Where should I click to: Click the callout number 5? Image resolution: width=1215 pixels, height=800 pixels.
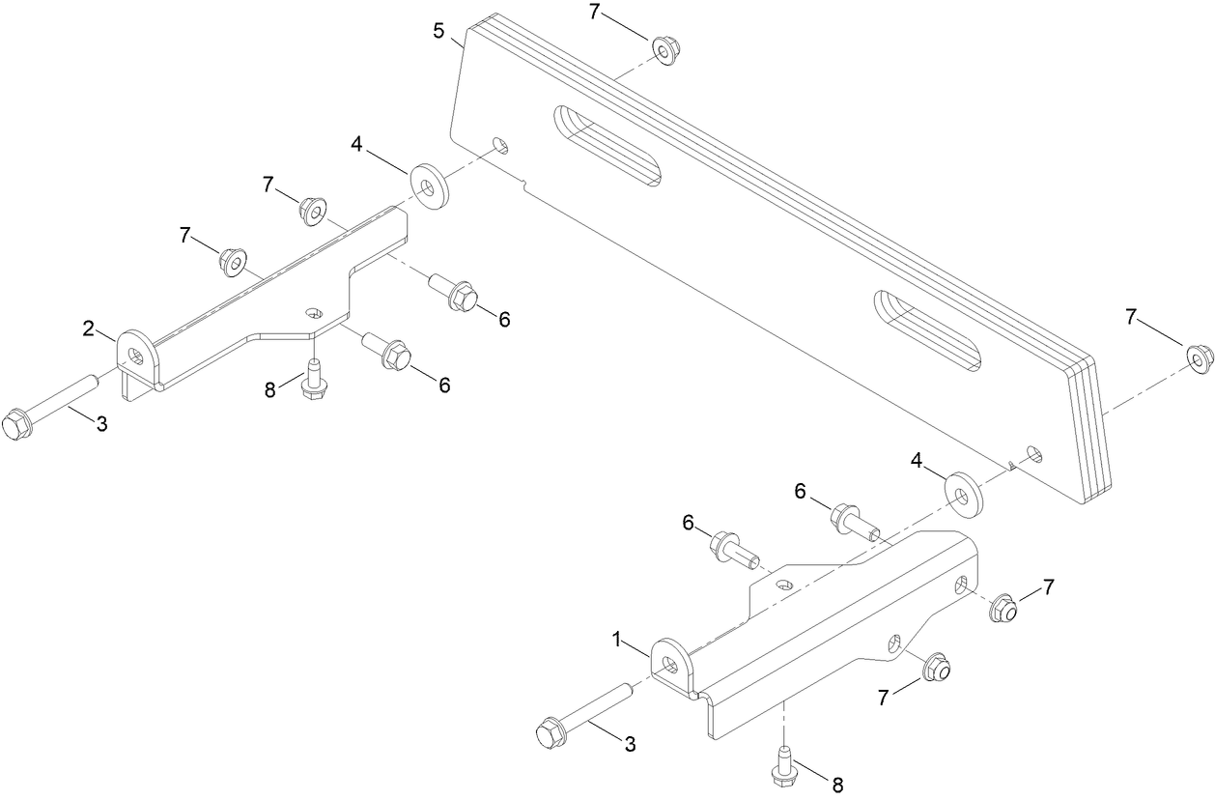point(439,31)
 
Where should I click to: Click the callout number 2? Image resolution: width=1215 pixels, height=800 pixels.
point(88,329)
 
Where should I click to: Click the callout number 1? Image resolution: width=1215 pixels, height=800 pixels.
point(615,639)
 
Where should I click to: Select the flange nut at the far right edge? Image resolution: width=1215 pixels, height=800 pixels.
point(1199,359)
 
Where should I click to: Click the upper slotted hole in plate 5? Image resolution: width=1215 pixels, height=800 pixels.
point(607,146)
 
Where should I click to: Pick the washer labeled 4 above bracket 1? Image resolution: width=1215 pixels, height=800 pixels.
point(963,494)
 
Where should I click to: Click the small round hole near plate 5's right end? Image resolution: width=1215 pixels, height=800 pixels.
point(1033,452)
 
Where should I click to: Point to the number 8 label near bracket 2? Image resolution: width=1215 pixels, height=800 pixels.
point(271,389)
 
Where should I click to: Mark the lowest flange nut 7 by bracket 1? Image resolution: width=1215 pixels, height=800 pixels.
point(936,667)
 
